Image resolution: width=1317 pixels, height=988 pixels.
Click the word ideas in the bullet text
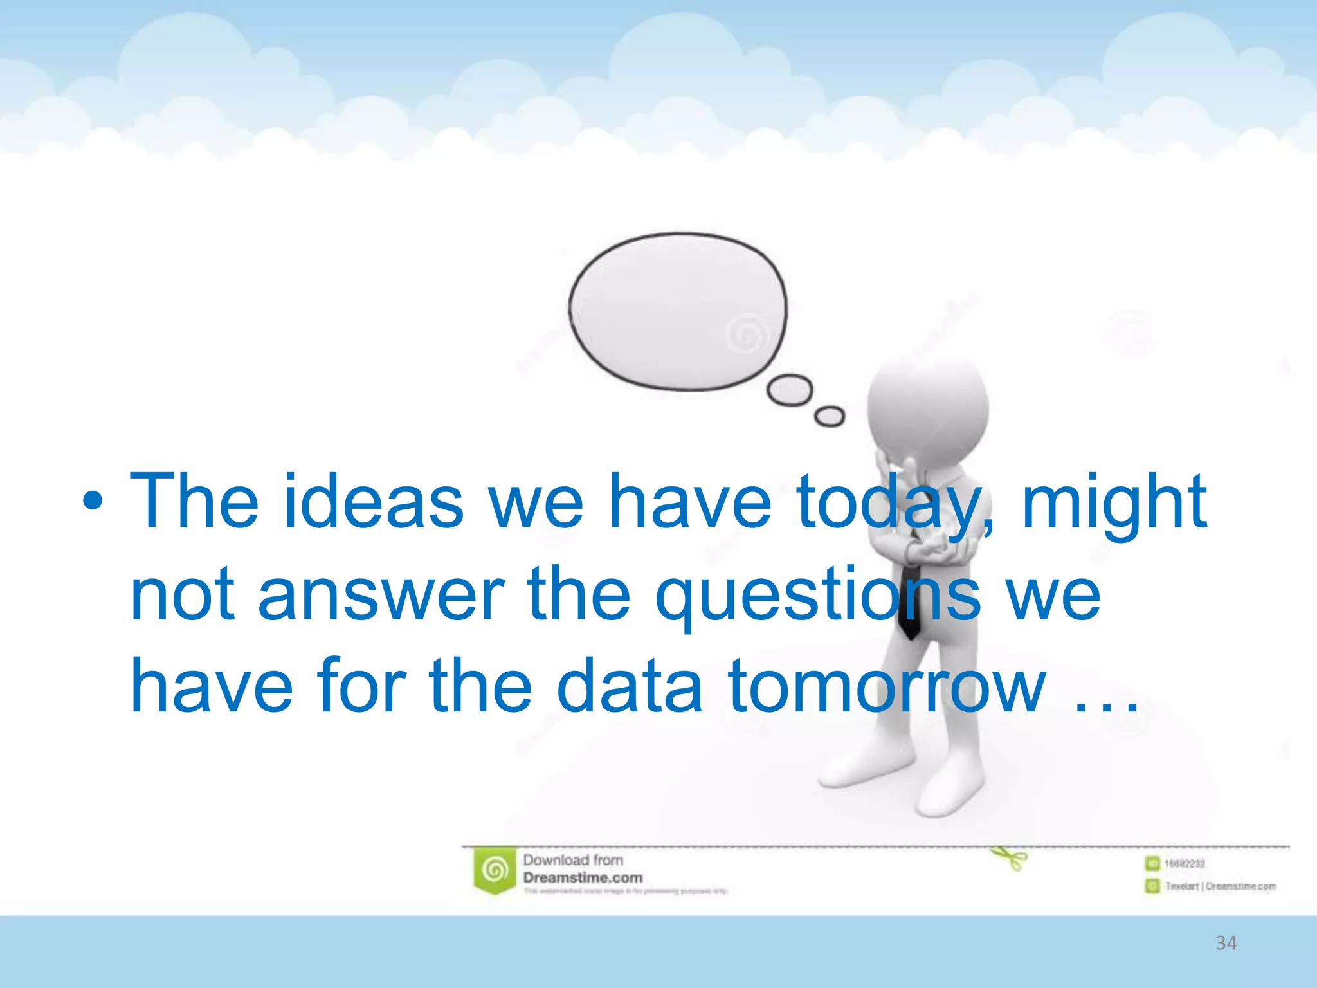click(373, 502)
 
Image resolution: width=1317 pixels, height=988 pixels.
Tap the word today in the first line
click(891, 502)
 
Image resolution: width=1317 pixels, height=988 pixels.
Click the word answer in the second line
click(381, 595)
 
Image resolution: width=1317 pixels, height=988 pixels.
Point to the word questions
click(817, 595)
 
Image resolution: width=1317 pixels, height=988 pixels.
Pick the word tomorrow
click(887, 687)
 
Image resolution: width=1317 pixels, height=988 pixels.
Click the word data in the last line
click(629, 687)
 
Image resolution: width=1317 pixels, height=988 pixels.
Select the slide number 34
click(1226, 944)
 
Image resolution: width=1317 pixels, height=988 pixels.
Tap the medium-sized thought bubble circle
click(790, 390)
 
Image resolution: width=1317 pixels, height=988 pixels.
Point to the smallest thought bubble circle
click(830, 416)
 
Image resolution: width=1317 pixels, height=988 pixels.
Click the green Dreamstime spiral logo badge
click(495, 870)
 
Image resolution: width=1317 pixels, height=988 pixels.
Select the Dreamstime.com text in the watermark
click(583, 878)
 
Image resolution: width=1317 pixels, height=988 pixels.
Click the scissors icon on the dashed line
click(1010, 857)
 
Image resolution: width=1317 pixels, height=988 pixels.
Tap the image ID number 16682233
click(1184, 864)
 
